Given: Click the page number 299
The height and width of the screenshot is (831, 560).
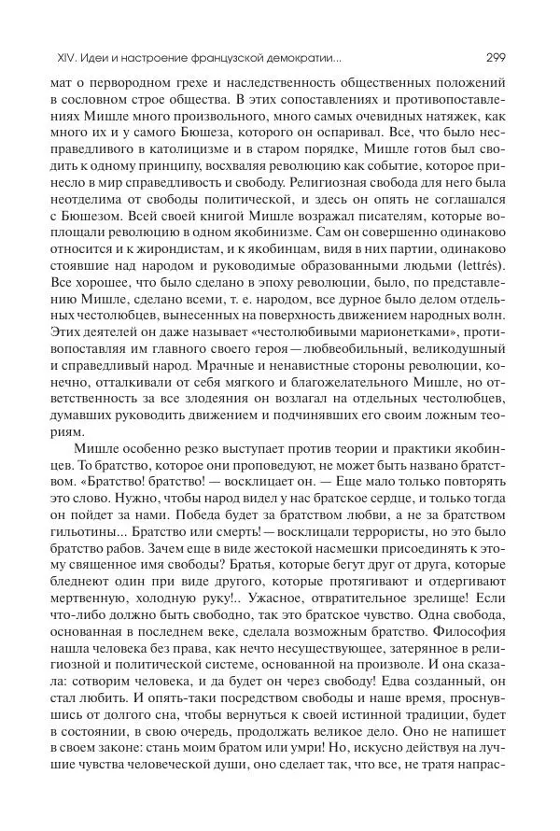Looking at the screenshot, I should click(496, 56).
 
